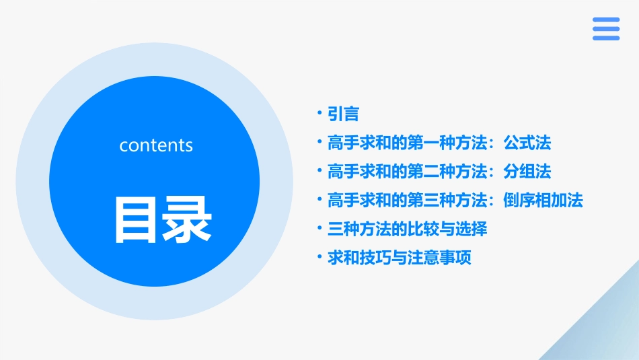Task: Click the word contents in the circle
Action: [156, 145]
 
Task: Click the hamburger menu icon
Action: [606, 29]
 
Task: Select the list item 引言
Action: [343, 114]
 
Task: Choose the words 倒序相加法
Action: [543, 201]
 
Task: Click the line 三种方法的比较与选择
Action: [407, 229]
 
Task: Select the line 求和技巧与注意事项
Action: [399, 258]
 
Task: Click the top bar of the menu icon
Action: [606, 20]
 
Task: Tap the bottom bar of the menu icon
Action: [606, 38]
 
